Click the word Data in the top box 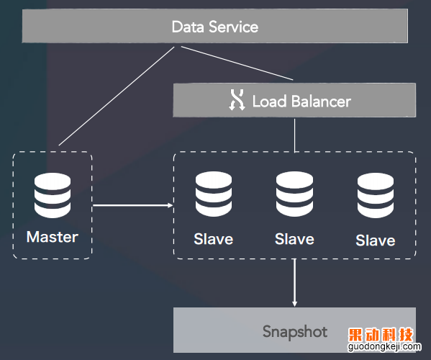pyautogui.click(x=188, y=27)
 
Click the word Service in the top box pyautogui.click(x=233, y=27)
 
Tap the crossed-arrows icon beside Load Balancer pyautogui.click(x=237, y=100)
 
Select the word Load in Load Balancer pyautogui.click(x=270, y=101)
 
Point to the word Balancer pyautogui.click(x=321, y=101)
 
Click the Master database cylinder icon pyautogui.click(x=53, y=195)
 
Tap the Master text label pyautogui.click(x=53, y=237)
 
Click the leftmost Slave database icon pyautogui.click(x=214, y=194)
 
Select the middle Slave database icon pyautogui.click(x=295, y=194)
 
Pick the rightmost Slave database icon pyautogui.click(x=376, y=195)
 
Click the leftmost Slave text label pyautogui.click(x=214, y=239)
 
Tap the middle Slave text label pyautogui.click(x=295, y=239)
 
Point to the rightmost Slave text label pyautogui.click(x=376, y=240)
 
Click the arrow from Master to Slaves pyautogui.click(x=133, y=205)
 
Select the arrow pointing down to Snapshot pyautogui.click(x=295, y=283)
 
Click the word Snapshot pyautogui.click(x=295, y=331)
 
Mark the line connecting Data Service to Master pyautogui.click(x=117, y=96)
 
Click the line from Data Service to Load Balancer pyautogui.click(x=237, y=63)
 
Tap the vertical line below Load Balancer pyautogui.click(x=295, y=135)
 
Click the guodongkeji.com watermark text pyautogui.click(x=384, y=346)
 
